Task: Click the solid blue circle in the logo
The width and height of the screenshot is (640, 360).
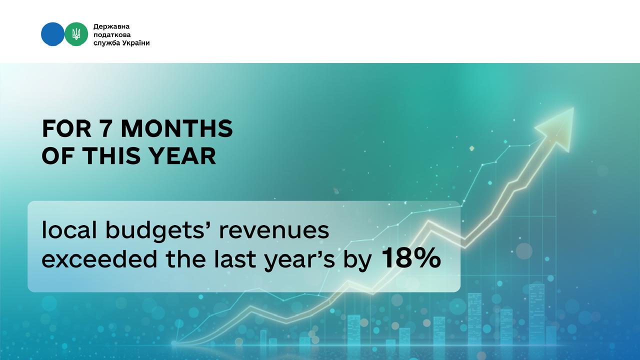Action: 52,34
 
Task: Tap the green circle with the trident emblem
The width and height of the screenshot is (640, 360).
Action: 76,34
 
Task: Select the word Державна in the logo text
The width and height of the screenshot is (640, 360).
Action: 111,27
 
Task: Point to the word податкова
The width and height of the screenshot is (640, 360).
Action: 112,35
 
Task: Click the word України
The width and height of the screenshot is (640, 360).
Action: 136,43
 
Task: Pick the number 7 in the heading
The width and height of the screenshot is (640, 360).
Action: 105,128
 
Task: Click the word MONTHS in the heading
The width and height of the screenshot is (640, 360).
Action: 177,128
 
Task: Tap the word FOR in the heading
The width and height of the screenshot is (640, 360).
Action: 66,128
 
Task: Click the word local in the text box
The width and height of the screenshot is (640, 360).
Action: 69,230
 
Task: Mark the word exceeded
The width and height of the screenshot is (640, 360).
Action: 99,259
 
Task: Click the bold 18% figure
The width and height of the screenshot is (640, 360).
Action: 411,258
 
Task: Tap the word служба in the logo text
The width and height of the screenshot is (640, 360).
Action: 107,43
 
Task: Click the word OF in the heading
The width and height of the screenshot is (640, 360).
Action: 59,155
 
